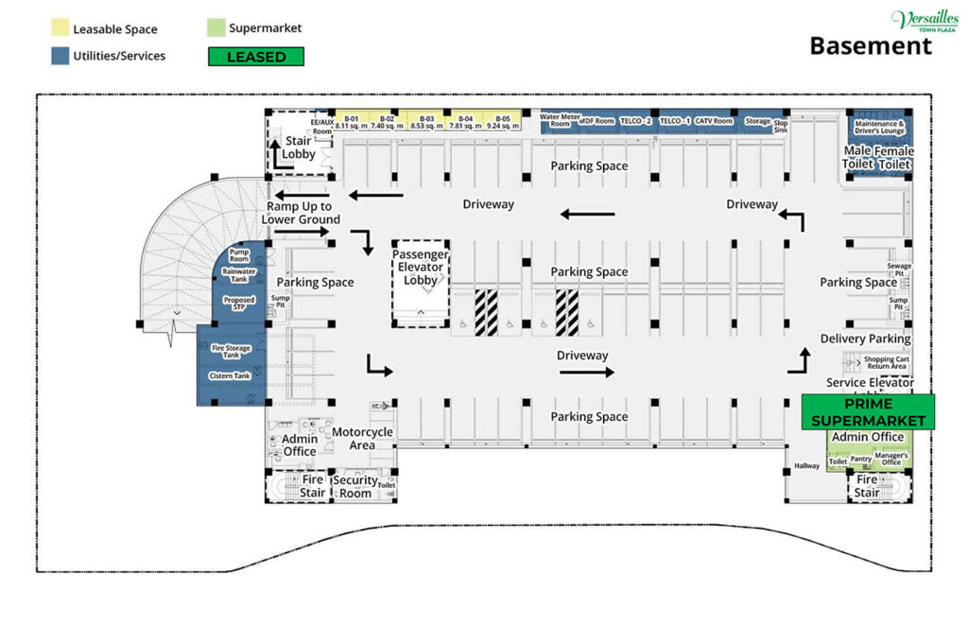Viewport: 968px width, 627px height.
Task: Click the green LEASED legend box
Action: tap(256, 57)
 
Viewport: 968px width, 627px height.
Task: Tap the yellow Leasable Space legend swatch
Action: tap(59, 29)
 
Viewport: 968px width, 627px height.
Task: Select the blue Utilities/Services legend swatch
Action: tap(59, 56)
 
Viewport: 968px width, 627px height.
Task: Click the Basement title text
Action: tap(870, 45)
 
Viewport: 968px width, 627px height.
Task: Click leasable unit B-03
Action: tap(427, 121)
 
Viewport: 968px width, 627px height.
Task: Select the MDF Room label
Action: tap(596, 121)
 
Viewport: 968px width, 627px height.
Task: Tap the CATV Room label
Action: tap(714, 121)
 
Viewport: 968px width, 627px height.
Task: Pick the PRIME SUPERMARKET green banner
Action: tap(868, 411)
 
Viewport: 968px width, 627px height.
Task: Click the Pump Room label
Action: tap(238, 255)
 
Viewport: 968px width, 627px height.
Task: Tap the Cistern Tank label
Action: tap(229, 375)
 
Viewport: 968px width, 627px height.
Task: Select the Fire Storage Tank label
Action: tap(231, 351)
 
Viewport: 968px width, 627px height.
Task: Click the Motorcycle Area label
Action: tap(362, 439)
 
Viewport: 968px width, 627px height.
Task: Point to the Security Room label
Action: tap(355, 486)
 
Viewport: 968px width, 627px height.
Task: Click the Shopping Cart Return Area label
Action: tap(886, 362)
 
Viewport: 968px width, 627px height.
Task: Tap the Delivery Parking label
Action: tap(865, 339)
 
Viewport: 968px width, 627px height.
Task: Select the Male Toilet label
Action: tap(857, 157)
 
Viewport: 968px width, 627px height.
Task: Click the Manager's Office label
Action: tap(890, 460)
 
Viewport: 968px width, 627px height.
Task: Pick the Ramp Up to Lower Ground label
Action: tap(299, 213)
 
